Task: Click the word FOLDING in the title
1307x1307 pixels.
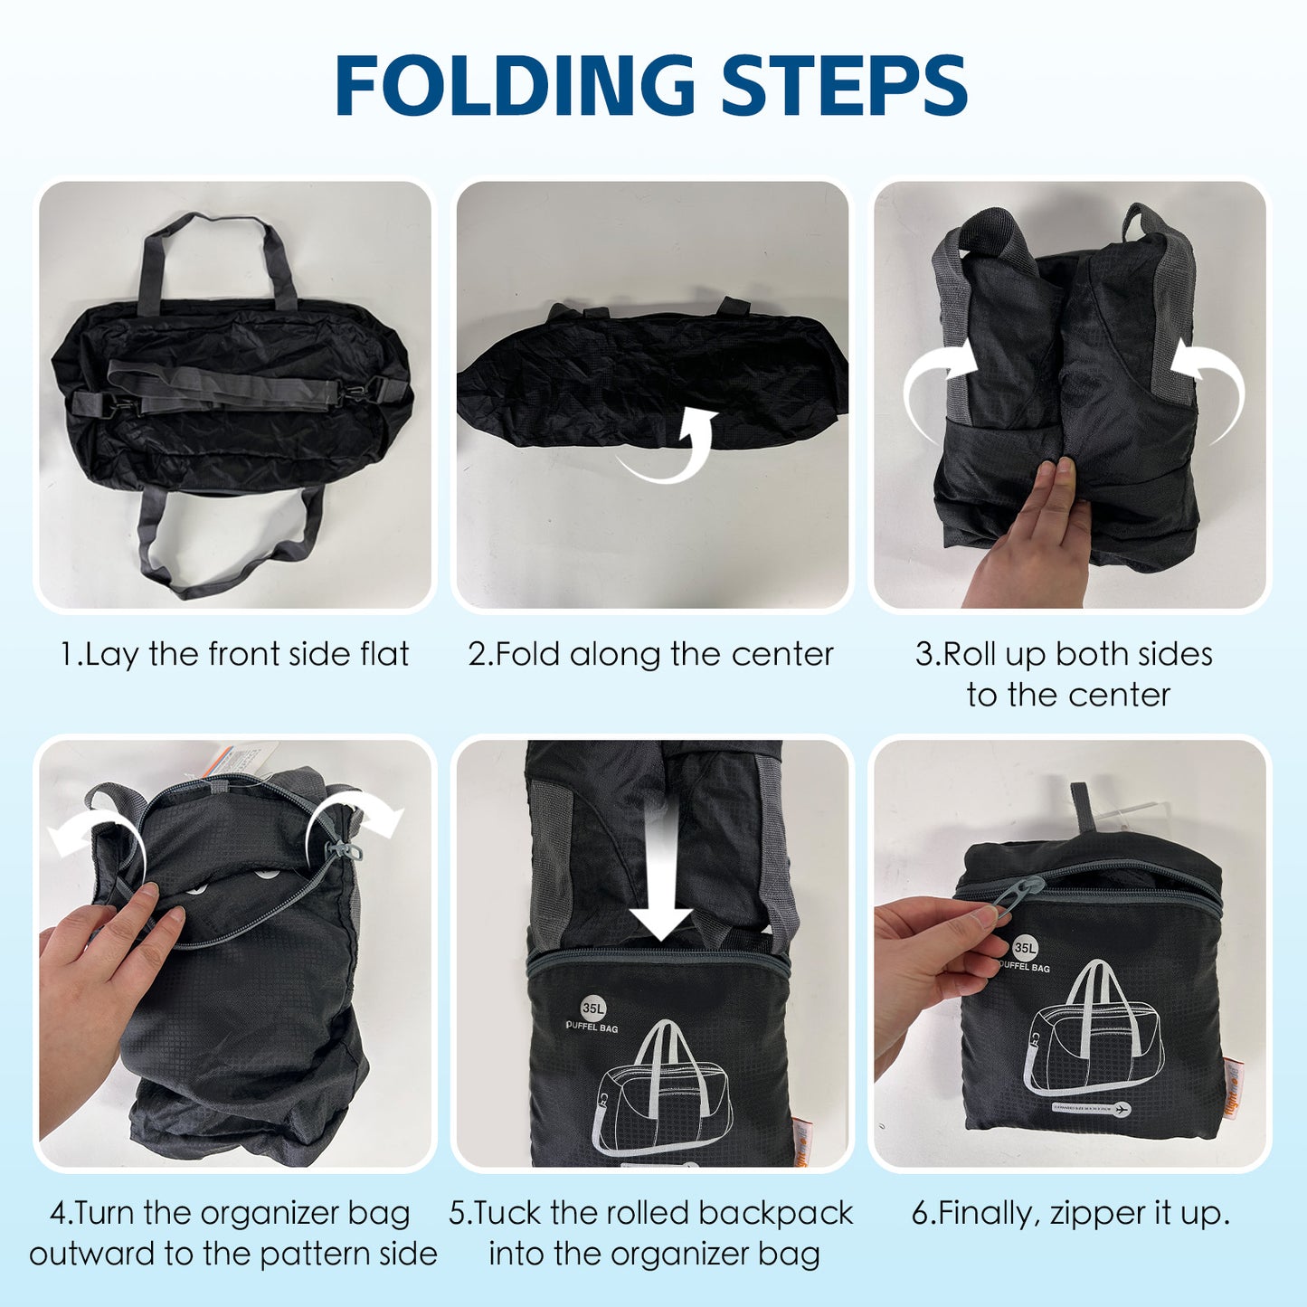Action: [515, 86]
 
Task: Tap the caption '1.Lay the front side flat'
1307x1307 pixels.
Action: [234, 654]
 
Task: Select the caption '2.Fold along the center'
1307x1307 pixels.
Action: [650, 654]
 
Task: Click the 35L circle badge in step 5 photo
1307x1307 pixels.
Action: [593, 1008]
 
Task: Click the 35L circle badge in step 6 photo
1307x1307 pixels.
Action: [1024, 948]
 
